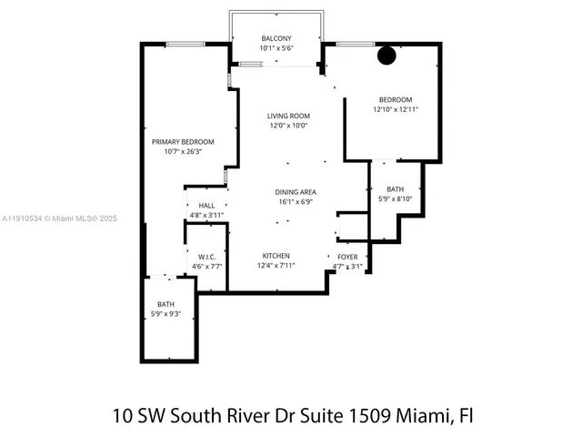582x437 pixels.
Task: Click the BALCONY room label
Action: [x=278, y=38]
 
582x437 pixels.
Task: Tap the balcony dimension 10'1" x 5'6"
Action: [x=278, y=47]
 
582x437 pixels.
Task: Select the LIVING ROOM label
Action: [x=288, y=116]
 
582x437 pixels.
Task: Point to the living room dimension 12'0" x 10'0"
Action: [x=288, y=126]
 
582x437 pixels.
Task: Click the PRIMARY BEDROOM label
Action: [x=183, y=142]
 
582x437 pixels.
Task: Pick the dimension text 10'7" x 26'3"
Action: [x=183, y=152]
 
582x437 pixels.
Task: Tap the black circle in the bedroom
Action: [x=386, y=56]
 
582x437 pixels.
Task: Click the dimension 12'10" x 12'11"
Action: [x=395, y=109]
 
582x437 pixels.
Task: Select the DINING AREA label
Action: [x=296, y=192]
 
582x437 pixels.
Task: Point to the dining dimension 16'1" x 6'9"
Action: [x=296, y=202]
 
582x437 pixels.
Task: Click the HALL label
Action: [x=206, y=206]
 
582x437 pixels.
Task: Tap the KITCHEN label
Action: [x=276, y=255]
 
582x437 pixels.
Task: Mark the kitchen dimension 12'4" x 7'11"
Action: [x=276, y=266]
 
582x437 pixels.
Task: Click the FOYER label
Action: [x=347, y=257]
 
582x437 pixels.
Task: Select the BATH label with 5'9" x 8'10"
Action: [x=395, y=188]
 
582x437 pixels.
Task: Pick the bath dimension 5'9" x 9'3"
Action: [x=166, y=313]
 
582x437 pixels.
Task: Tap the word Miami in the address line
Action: [x=422, y=416]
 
